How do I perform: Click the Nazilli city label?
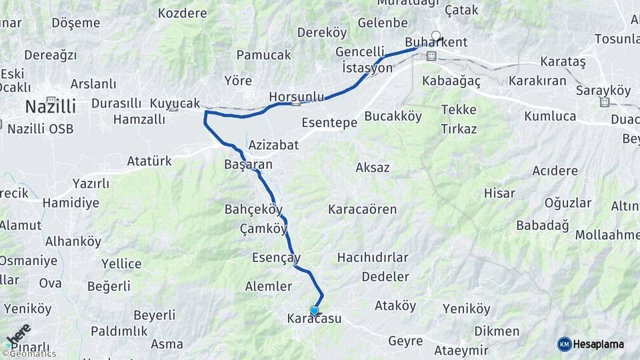coord(50,106)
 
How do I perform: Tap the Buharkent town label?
coord(436,42)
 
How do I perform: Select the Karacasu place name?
coord(314,319)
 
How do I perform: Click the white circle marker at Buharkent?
coord(436,35)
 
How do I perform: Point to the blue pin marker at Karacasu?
coord(314,310)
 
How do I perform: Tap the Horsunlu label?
coord(296,97)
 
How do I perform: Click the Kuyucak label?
coord(175,103)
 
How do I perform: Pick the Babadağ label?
coord(543,225)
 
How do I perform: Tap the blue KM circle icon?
coord(565,344)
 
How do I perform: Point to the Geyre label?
coord(405,341)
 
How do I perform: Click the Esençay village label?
coord(276,257)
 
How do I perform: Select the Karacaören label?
coord(362,209)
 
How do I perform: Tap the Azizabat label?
coord(273,145)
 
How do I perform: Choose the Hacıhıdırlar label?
coord(373,257)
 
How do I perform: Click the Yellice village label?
coord(121,264)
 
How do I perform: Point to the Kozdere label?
coord(183,13)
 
